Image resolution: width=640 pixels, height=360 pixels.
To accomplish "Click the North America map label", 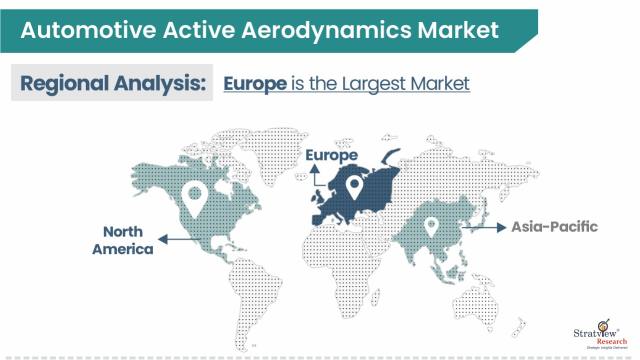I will coord(123,240).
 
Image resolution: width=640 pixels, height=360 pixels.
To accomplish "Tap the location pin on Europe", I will coord(353,186).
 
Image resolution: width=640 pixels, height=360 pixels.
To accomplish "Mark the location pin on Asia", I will coord(431,228).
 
